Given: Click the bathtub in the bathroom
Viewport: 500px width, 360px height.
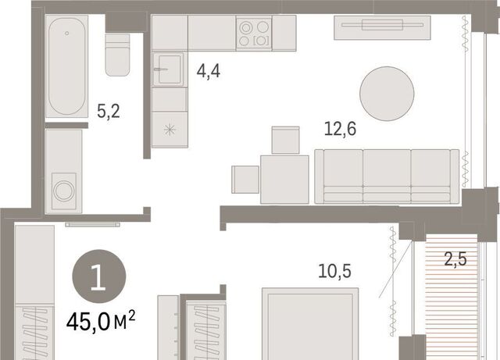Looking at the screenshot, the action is (66, 66).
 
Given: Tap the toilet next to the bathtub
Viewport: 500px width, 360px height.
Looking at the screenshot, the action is (118, 55).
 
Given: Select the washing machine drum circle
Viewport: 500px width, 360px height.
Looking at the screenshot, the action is (64, 191).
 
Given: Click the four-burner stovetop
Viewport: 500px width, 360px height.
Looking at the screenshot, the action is (254, 33).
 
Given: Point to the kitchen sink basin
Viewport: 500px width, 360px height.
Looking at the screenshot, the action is (169, 70).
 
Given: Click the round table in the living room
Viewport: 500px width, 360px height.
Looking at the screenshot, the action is (387, 94).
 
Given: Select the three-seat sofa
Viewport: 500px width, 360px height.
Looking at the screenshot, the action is (387, 176).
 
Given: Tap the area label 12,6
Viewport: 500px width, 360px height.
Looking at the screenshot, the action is (340, 129).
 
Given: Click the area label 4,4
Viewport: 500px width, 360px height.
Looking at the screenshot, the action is (209, 71).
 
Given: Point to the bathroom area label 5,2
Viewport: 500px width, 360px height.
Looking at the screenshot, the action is (109, 112).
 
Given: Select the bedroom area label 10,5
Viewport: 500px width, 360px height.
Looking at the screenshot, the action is (335, 271).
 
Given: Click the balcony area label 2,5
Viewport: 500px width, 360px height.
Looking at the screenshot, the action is (455, 259).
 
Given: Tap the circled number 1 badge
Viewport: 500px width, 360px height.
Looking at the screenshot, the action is (99, 276).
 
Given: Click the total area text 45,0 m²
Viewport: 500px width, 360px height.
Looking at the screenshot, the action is (101, 321).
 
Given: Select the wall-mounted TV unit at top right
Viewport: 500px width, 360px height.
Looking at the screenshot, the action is (382, 28).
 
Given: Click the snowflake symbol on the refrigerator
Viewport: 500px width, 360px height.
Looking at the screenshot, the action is (170, 130).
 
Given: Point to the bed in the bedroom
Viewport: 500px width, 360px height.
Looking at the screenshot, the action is (310, 323).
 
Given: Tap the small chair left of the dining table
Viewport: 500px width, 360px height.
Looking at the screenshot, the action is (245, 179).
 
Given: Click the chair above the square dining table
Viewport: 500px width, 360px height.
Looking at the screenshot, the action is (285, 141).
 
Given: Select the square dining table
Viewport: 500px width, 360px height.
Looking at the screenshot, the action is (284, 180).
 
